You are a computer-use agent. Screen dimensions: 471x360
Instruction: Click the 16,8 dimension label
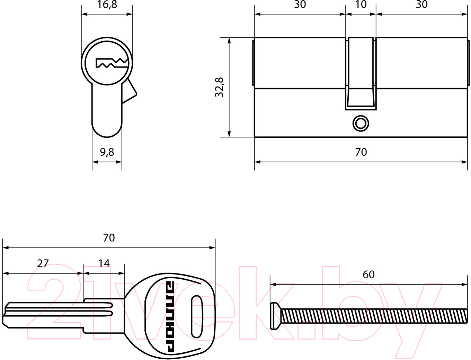[107, 4]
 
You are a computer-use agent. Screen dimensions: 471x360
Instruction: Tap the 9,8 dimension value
[107, 152]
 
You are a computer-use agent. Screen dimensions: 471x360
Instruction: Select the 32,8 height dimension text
[219, 87]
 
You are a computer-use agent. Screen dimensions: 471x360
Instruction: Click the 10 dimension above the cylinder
[361, 4]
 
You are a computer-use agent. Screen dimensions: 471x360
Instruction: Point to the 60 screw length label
[368, 274]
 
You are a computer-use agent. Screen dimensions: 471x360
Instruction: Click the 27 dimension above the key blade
[43, 263]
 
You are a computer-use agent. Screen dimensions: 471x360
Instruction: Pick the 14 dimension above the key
[104, 263]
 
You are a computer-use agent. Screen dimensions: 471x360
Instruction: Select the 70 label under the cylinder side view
[361, 152]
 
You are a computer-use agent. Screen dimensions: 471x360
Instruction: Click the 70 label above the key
[109, 238]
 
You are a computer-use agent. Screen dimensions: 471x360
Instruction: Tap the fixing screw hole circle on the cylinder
[361, 124]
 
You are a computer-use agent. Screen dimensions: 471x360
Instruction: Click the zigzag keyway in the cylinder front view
[112, 63]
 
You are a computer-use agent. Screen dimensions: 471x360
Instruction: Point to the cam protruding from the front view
[129, 91]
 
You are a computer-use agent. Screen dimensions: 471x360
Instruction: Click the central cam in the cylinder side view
[361, 73]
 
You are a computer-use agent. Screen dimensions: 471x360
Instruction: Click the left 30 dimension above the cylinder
[300, 4]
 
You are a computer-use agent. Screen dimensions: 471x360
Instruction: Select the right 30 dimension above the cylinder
[421, 4]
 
